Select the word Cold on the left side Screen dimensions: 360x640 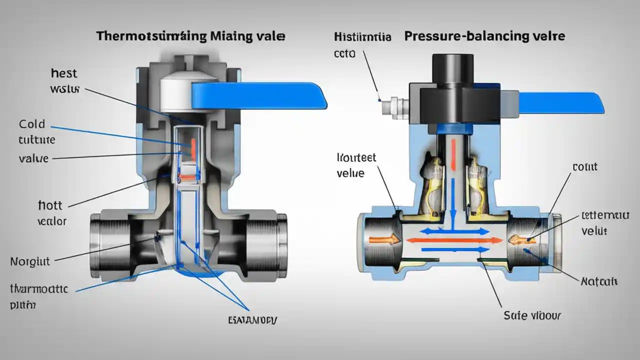pos(32,124)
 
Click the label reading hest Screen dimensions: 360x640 pos(64,73)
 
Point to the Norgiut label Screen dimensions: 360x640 pos(30,261)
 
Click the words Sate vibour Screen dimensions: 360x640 pos(532,315)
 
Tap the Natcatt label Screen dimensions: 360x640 pos(599,281)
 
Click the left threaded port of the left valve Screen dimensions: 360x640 pos(109,245)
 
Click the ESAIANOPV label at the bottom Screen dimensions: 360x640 pos(252,318)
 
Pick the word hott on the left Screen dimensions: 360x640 pos(50,205)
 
